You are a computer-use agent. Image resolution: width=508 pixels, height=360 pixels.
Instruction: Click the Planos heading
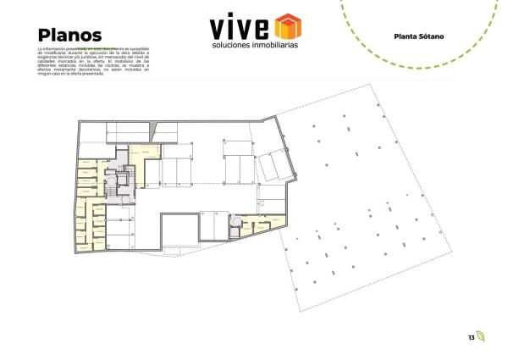(x=70, y=36)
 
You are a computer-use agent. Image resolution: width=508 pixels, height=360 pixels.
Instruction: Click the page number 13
(x=471, y=337)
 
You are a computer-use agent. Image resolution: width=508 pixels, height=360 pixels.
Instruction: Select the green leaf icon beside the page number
(x=481, y=336)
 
